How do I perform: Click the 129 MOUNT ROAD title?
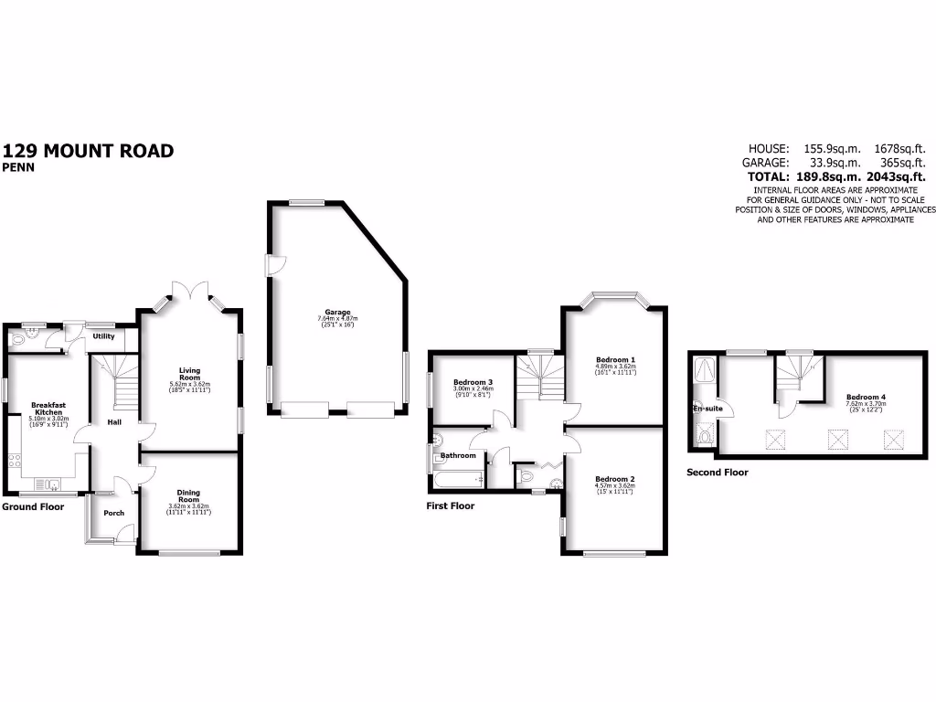(x=89, y=151)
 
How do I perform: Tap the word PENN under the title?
(x=17, y=167)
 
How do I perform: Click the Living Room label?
(x=189, y=374)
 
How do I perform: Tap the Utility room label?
(x=103, y=336)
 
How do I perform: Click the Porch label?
(x=114, y=513)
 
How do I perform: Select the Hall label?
(x=114, y=422)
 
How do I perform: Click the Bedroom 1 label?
(x=615, y=360)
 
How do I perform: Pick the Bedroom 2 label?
(x=614, y=479)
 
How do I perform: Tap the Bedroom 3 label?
(x=473, y=382)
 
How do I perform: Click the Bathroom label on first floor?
(x=459, y=455)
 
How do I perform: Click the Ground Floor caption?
(x=33, y=506)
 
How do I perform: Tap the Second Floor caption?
(x=718, y=473)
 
